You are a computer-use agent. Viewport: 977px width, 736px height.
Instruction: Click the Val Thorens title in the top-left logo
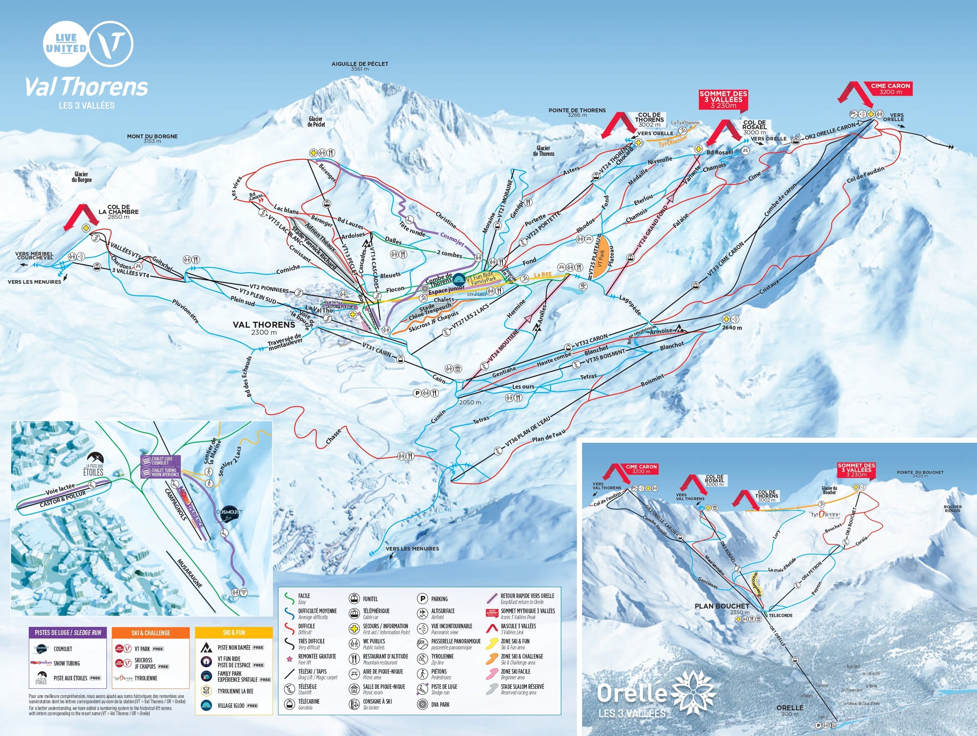pyautogui.click(x=87, y=87)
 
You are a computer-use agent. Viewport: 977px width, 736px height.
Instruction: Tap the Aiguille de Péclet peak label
pyautogui.click(x=360, y=66)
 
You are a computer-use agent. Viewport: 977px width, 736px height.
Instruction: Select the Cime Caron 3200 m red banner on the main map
pyautogui.click(x=890, y=89)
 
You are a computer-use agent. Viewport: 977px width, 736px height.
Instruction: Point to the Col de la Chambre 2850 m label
pyautogui.click(x=118, y=212)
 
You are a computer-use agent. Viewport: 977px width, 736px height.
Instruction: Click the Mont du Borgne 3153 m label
pyautogui.click(x=152, y=138)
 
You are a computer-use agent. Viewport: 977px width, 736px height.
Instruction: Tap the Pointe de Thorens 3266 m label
pyautogui.click(x=577, y=113)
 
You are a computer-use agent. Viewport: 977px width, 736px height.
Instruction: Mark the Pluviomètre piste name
pyautogui.click(x=185, y=310)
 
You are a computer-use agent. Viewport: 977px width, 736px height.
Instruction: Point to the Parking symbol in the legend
pyautogui.click(x=422, y=599)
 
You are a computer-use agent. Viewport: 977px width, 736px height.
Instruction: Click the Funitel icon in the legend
pyautogui.click(x=354, y=599)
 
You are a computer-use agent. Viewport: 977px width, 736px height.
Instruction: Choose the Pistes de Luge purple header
pyautogui.click(x=68, y=633)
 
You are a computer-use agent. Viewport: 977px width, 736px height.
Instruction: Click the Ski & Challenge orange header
pyautogui.click(x=151, y=633)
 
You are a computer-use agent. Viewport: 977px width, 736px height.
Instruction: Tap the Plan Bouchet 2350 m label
pyautogui.click(x=722, y=608)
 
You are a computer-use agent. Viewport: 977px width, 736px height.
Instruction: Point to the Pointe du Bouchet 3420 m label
pyautogui.click(x=920, y=473)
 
